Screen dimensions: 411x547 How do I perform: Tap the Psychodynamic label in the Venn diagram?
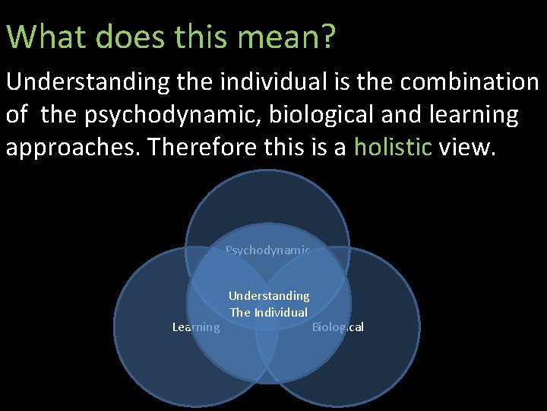click(267, 250)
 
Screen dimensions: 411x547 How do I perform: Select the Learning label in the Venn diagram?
click(196, 327)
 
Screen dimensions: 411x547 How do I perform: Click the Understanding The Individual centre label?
click(269, 304)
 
